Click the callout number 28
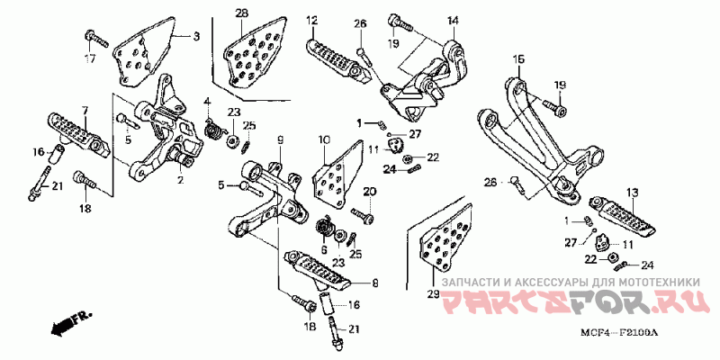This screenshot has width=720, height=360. [x=241, y=13]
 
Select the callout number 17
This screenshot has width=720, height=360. [x=90, y=59]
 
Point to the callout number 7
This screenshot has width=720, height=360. [x=85, y=111]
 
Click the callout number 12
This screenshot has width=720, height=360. [x=311, y=20]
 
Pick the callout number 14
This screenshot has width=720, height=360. [x=452, y=20]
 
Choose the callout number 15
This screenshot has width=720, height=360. [x=518, y=59]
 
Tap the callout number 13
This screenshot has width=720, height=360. [x=632, y=193]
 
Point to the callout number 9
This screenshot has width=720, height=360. [x=280, y=139]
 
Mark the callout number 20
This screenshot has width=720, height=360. [x=369, y=192]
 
